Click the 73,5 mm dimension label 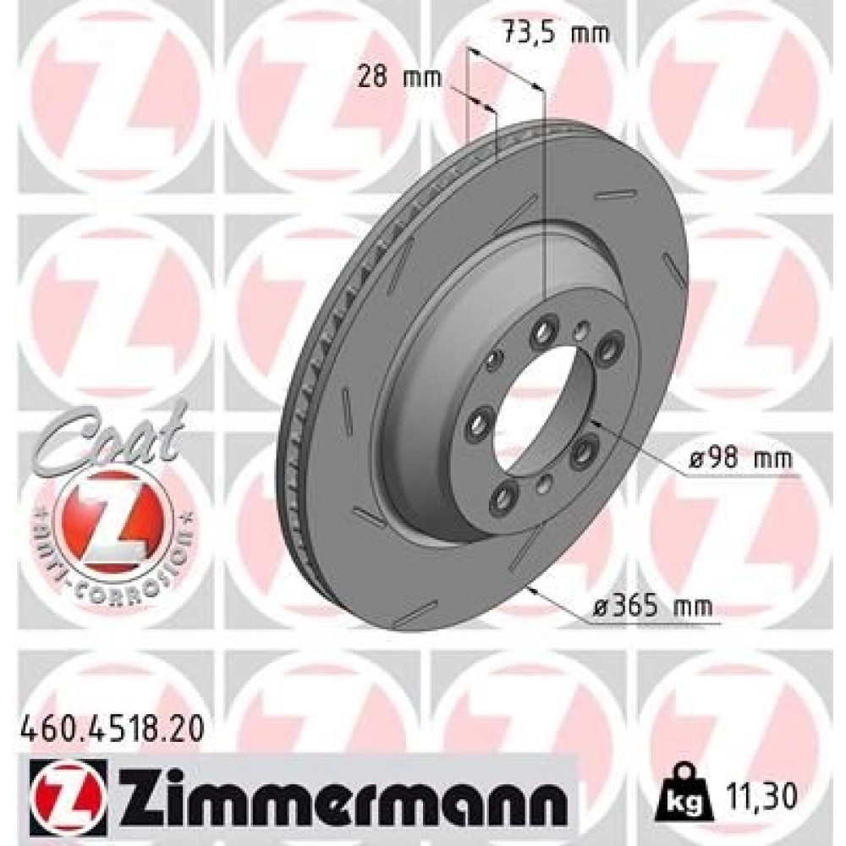pyautogui.click(x=556, y=33)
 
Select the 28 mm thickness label pyautogui.click(x=399, y=78)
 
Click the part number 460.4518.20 pyautogui.click(x=113, y=731)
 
